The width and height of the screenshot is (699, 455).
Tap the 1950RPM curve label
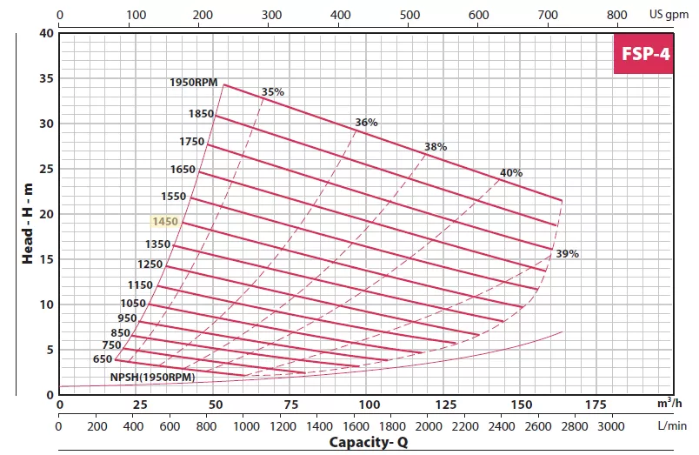tap(193, 84)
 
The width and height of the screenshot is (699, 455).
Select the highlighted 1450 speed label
tap(164, 222)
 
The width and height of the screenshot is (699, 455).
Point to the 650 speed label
tap(102, 358)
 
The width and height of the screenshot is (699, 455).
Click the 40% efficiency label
tap(511, 173)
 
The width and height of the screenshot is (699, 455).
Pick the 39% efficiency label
tap(567, 254)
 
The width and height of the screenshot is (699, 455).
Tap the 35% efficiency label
tap(273, 92)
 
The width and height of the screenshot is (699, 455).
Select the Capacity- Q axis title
tap(367, 442)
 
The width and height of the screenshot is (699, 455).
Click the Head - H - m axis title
tap(28, 214)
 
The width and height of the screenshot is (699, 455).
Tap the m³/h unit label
tap(668, 405)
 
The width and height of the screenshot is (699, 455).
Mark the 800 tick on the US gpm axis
tap(616, 15)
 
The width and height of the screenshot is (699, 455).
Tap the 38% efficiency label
tap(436, 147)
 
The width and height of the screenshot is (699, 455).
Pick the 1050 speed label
tap(133, 303)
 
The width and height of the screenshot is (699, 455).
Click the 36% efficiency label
tap(367, 123)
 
